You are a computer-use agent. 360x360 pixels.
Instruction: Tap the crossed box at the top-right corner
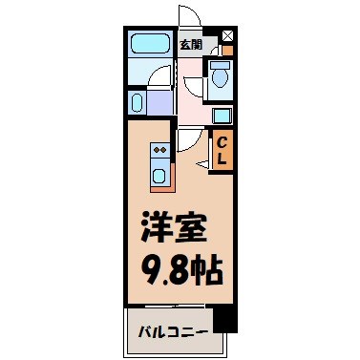click(x=226, y=37)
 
